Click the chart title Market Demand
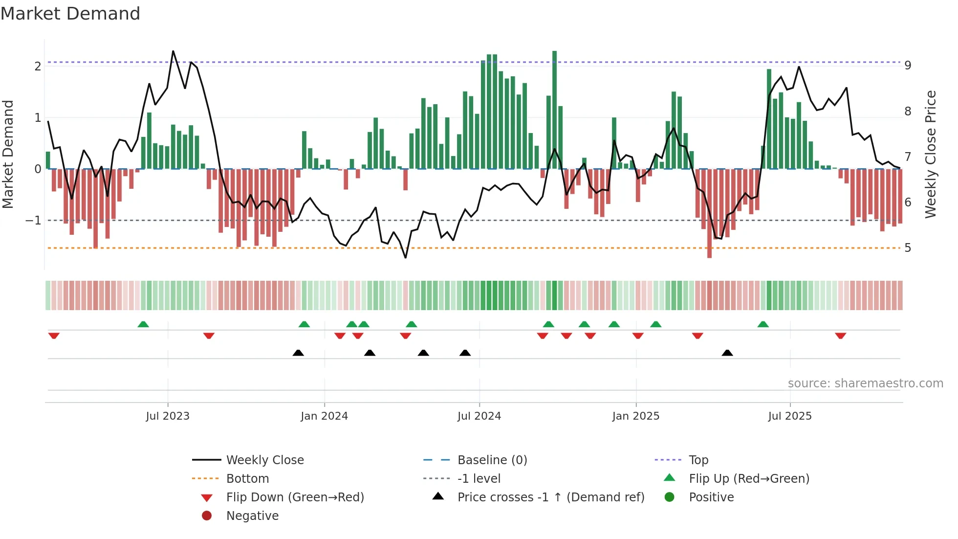pyautogui.click(x=70, y=14)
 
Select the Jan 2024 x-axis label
pyautogui.click(x=324, y=416)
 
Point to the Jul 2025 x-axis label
pyautogui.click(x=789, y=416)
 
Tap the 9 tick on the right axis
pyautogui.click(x=908, y=66)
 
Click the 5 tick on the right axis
pyautogui.click(x=908, y=248)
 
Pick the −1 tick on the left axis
pyautogui.click(x=33, y=221)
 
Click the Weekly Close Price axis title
pyautogui.click(x=931, y=154)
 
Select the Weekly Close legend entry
pyautogui.click(x=264, y=460)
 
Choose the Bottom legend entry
pyautogui.click(x=247, y=478)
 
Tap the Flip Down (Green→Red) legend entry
pyautogui.click(x=295, y=497)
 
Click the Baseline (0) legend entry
pyautogui.click(x=492, y=460)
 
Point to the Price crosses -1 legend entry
pyautogui.click(x=550, y=497)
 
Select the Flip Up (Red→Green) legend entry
pyautogui.click(x=749, y=478)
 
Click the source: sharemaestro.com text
pyautogui.click(x=865, y=383)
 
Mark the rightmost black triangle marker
pyautogui.click(x=727, y=353)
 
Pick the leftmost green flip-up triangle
pyautogui.click(x=143, y=324)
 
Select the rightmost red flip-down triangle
pyautogui.click(x=840, y=336)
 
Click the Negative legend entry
pyautogui.click(x=252, y=516)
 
